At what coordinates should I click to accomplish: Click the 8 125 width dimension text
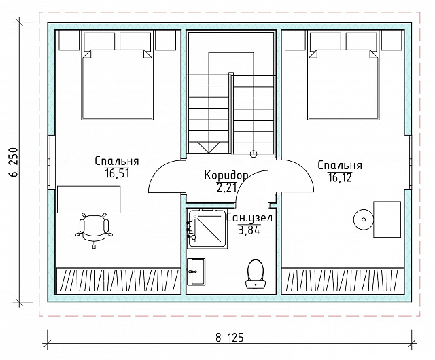point(230,338)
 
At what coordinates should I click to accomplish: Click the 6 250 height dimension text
point(14,162)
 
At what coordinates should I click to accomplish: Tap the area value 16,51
point(117,173)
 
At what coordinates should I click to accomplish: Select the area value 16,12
point(340,177)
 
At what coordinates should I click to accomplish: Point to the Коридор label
point(226,175)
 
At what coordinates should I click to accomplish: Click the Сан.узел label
point(249,218)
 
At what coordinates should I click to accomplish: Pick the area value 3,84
point(249,230)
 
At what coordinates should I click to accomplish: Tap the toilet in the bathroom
point(256,274)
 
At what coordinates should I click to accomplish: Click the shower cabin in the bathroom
point(207,228)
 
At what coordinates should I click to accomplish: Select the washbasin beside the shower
point(196,272)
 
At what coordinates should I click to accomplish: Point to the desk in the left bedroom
point(88,200)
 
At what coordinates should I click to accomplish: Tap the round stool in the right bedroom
point(364,219)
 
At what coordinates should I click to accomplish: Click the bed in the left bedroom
point(117,85)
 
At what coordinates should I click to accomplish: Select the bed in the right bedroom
point(343,85)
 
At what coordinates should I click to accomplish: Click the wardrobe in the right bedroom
point(343,279)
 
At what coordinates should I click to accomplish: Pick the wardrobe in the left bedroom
point(119,279)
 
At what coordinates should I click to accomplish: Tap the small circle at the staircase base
point(254,154)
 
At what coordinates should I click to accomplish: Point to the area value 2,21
point(226,187)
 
